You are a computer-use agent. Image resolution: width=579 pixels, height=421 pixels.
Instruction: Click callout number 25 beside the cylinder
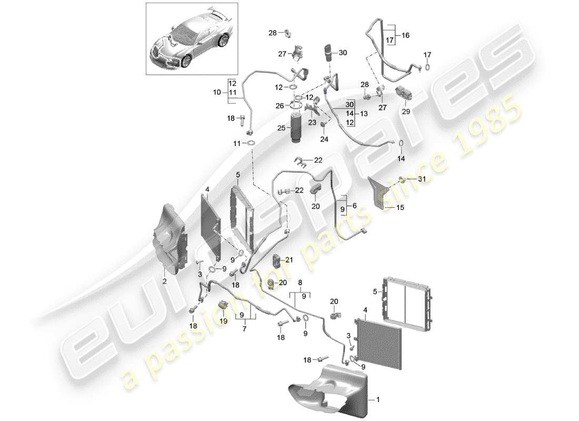coord(282,128)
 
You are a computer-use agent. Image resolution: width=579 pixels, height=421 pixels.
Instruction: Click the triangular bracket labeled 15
coord(380,189)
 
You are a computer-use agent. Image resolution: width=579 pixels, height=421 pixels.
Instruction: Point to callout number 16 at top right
coord(405,35)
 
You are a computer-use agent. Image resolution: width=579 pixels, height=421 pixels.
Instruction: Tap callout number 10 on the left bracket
coord(217,92)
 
